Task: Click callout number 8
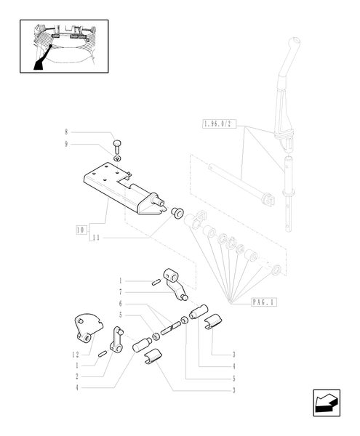65,132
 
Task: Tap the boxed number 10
79,230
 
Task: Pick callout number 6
121,303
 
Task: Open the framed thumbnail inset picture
63,47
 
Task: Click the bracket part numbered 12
86,327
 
